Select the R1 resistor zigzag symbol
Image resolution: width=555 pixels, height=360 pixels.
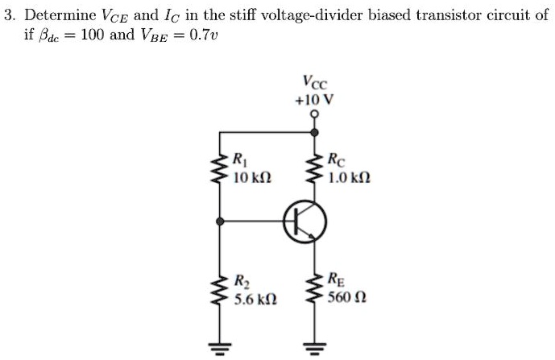216,170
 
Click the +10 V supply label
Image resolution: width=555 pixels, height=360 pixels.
315,100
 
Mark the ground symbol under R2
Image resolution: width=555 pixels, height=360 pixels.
216,348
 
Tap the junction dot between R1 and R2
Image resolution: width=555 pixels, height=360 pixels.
216,219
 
